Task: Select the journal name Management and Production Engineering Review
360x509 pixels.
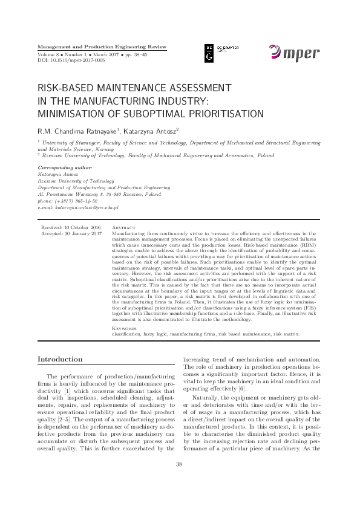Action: tap(102, 47)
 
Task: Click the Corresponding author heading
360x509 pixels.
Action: tap(65, 167)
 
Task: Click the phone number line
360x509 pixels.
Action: tap(63, 201)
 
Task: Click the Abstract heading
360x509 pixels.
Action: tap(123, 227)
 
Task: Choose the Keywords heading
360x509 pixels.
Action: tap(125, 328)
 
